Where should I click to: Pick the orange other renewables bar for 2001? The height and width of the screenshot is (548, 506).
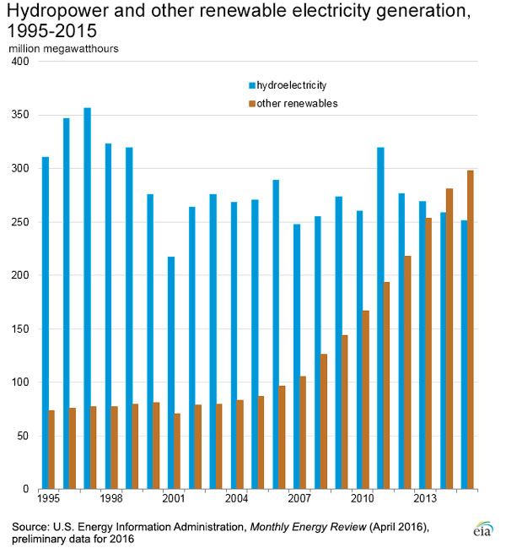click(x=177, y=451)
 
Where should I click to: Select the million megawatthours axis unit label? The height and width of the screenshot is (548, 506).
click(x=64, y=48)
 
